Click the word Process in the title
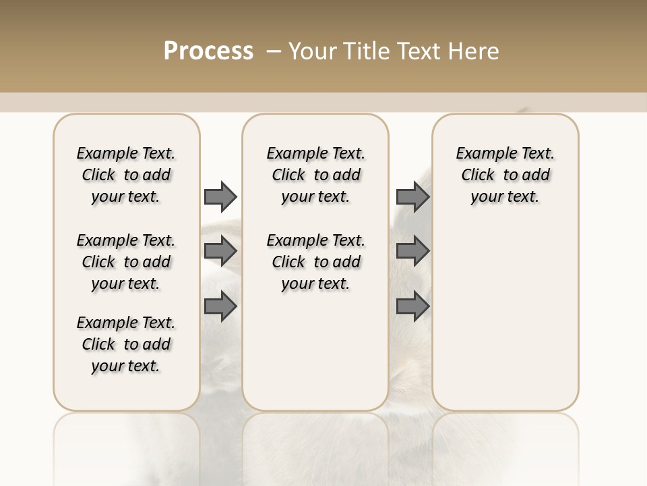(x=208, y=51)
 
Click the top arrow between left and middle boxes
(x=220, y=196)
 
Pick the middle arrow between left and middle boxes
(x=220, y=252)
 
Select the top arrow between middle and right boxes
(x=412, y=196)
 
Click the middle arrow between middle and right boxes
(x=412, y=252)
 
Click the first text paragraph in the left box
(x=126, y=175)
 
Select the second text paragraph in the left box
(x=126, y=262)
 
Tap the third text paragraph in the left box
(x=126, y=344)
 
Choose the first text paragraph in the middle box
(x=315, y=175)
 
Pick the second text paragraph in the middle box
(x=315, y=262)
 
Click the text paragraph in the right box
(x=505, y=175)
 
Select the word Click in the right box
(x=479, y=175)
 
